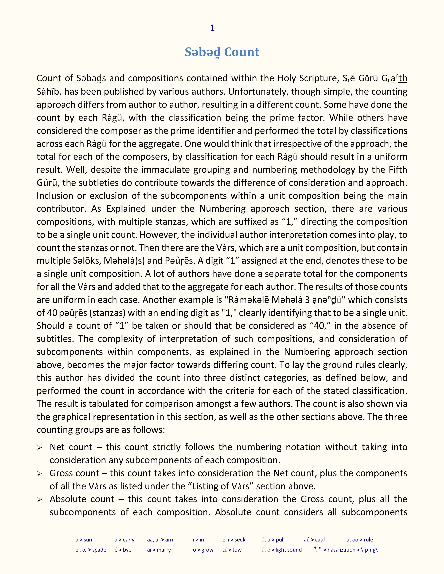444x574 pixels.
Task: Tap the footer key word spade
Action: (x=99, y=550)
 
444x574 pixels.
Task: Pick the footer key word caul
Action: (x=320, y=540)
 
